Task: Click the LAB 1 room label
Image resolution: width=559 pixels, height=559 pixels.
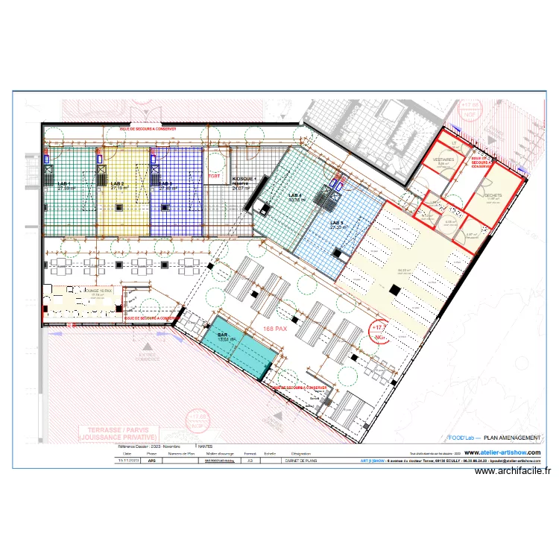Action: (x=66, y=183)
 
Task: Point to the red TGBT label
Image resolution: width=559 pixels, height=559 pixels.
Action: (x=214, y=177)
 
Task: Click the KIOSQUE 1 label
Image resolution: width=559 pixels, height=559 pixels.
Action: (x=244, y=180)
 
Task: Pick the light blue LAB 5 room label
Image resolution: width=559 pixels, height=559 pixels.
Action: (x=337, y=222)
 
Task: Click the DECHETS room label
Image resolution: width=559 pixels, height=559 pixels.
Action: (x=493, y=195)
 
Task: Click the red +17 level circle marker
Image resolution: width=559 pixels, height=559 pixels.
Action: (x=379, y=329)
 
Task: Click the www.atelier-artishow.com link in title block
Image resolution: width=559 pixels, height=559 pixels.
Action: (x=502, y=452)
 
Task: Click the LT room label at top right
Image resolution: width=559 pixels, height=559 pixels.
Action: (x=452, y=142)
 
